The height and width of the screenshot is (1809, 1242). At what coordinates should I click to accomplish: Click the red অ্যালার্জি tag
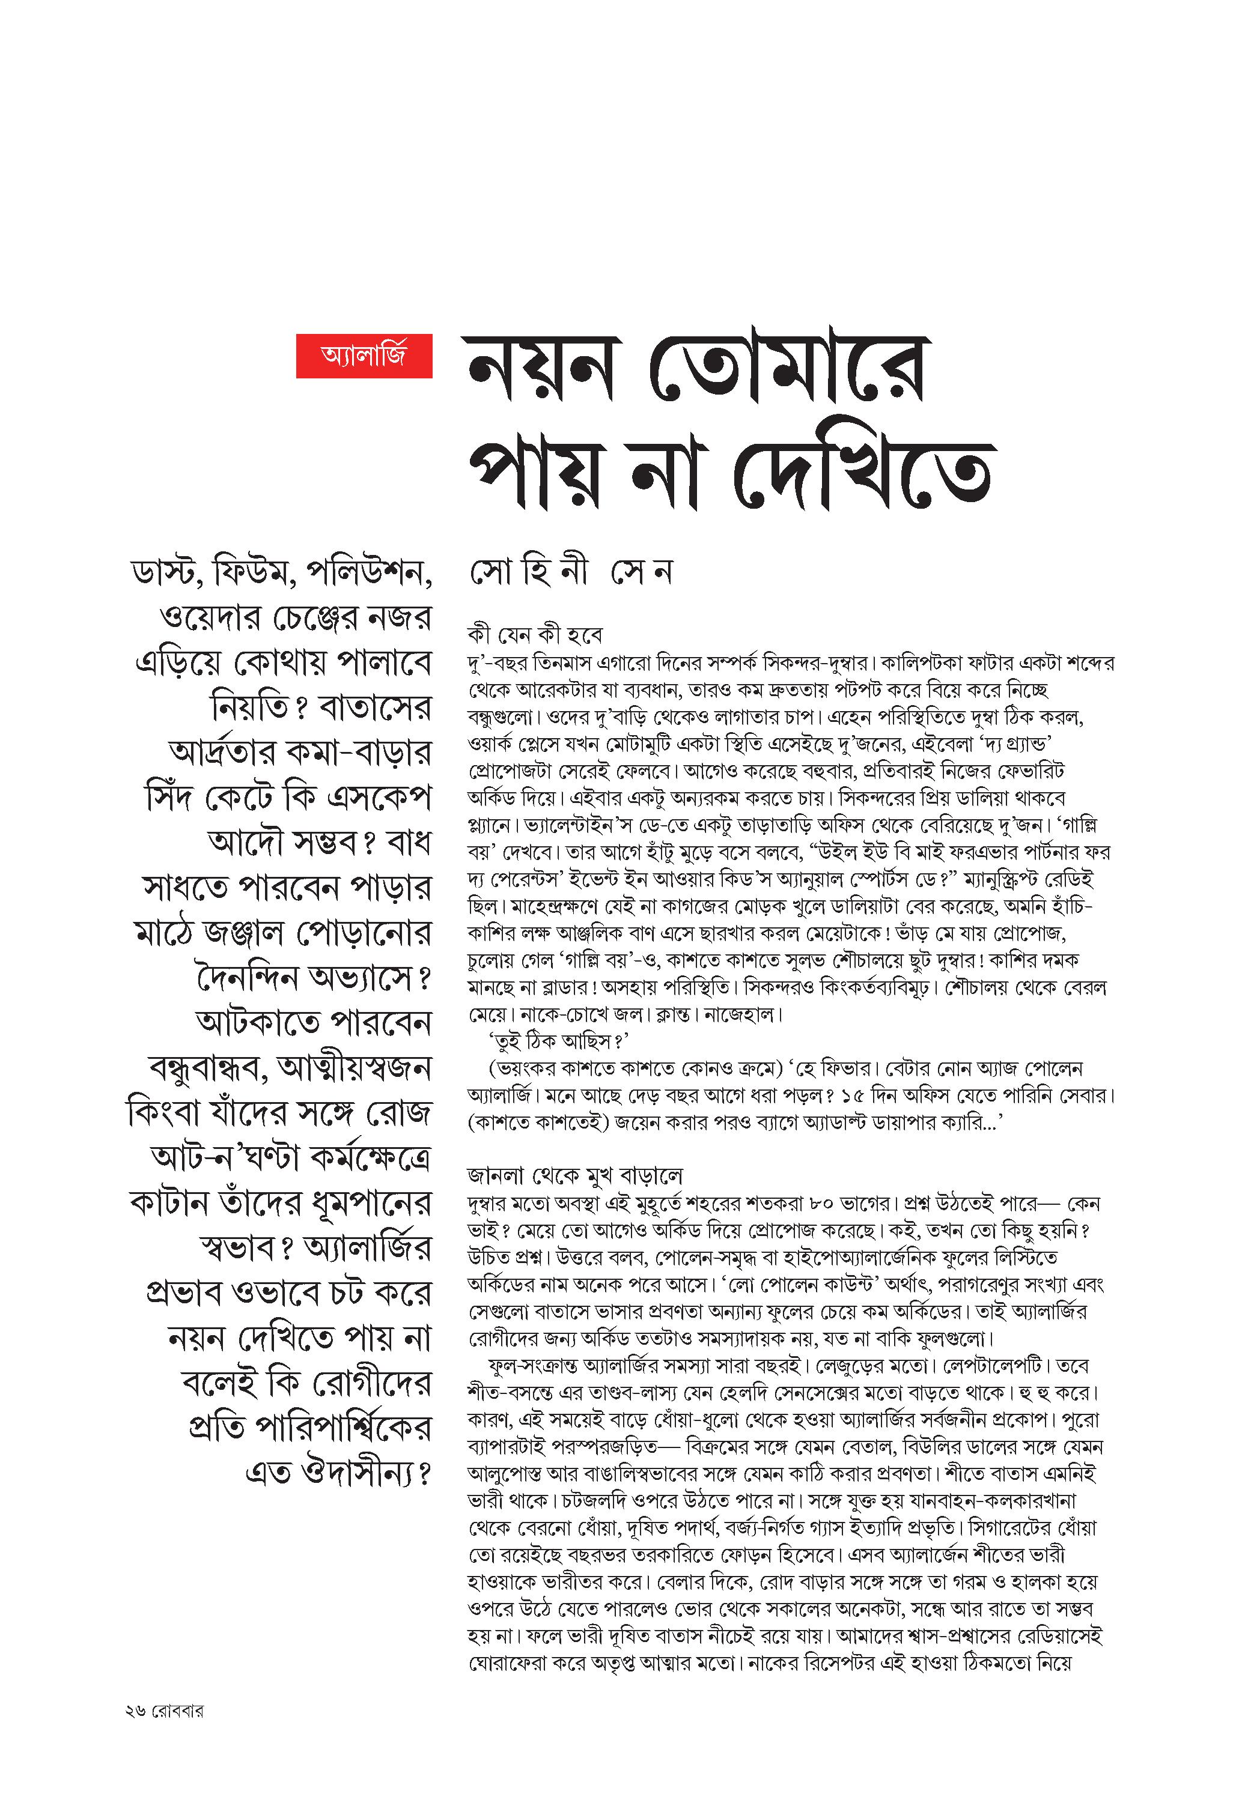pyautogui.click(x=364, y=357)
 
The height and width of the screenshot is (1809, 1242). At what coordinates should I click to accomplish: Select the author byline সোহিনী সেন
pyautogui.click(x=571, y=573)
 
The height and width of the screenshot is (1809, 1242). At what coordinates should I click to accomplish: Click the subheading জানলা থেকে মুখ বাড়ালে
pyautogui.click(x=576, y=1175)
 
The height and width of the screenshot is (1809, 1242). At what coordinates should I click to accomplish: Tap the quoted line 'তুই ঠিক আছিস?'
pyautogui.click(x=558, y=1041)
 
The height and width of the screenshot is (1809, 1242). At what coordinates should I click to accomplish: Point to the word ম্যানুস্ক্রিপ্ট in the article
pyautogui.click(x=1029, y=880)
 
